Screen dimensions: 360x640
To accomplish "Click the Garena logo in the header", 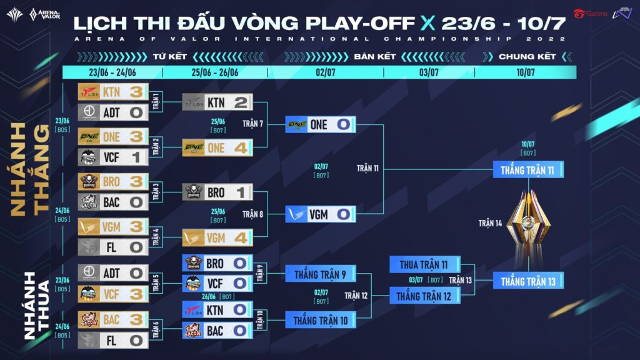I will click(x=591, y=14).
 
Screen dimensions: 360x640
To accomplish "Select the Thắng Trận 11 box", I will click(x=528, y=169).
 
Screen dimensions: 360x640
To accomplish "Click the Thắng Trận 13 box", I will click(x=528, y=281).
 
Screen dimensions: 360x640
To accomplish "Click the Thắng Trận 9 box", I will click(x=320, y=274).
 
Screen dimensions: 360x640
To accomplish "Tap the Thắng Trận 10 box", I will click(x=320, y=320).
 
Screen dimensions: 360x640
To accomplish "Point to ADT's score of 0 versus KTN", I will click(x=136, y=112).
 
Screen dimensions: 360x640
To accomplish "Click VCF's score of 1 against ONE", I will click(x=136, y=157).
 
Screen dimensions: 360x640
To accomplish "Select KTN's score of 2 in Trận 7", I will click(x=241, y=102).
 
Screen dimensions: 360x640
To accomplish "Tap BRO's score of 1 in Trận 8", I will click(x=241, y=192).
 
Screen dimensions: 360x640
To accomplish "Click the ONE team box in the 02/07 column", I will click(x=320, y=124).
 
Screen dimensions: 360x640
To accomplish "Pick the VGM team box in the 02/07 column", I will click(x=320, y=214).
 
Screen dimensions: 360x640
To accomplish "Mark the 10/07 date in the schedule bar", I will click(x=526, y=72).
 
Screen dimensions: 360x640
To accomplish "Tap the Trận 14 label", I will click(x=490, y=223).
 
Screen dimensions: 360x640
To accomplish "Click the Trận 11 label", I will click(x=367, y=169).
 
